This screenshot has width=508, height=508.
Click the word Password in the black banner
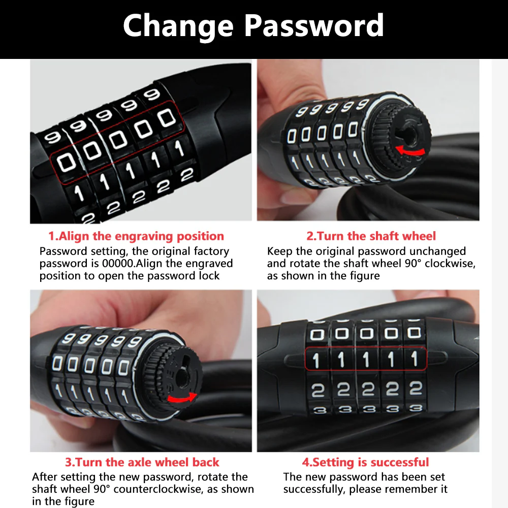314,25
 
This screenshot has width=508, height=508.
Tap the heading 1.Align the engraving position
136,236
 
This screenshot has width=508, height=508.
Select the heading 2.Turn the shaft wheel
371,236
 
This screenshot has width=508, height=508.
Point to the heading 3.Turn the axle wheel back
142,462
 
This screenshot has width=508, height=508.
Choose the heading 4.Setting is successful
365,462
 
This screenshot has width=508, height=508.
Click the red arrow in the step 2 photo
410,150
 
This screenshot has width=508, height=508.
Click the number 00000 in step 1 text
118,263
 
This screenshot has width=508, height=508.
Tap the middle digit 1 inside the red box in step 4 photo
366,359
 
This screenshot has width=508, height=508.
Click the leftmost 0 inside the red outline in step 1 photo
67,163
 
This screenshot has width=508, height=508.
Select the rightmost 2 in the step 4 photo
416,389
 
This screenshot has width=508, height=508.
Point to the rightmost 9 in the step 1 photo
152,94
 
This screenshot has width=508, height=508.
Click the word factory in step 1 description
211,251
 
